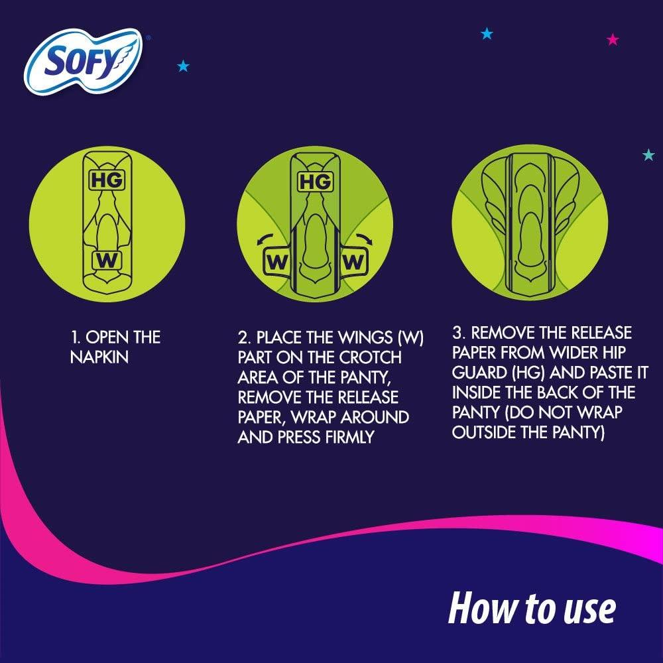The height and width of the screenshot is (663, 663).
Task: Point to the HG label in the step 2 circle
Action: (x=316, y=181)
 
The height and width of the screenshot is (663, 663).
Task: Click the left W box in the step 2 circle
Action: (x=276, y=262)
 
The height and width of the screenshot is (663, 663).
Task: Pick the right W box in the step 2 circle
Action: (x=353, y=262)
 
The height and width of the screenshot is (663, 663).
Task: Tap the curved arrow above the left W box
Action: (x=265, y=238)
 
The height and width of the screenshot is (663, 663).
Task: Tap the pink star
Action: (x=613, y=40)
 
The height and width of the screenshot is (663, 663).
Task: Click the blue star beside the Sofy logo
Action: (x=183, y=66)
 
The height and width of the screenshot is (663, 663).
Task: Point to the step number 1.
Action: (x=74, y=337)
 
